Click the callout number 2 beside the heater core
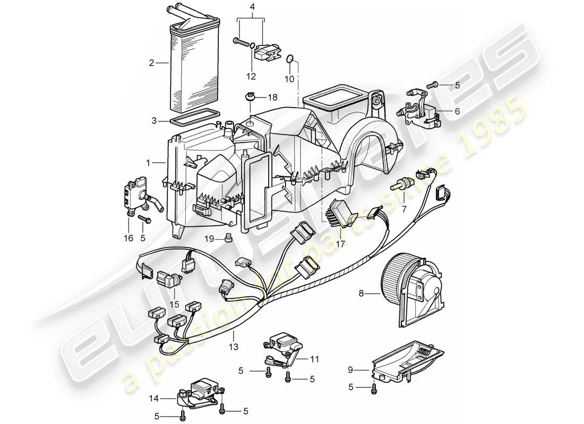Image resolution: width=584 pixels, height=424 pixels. coord(151,63)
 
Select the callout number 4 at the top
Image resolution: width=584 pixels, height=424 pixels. coord(253,7)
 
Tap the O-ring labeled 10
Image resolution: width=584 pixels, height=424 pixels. coord(290,58)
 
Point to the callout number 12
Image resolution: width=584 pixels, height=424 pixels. coord(252,76)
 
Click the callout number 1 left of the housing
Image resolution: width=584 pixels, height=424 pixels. coord(149,162)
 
